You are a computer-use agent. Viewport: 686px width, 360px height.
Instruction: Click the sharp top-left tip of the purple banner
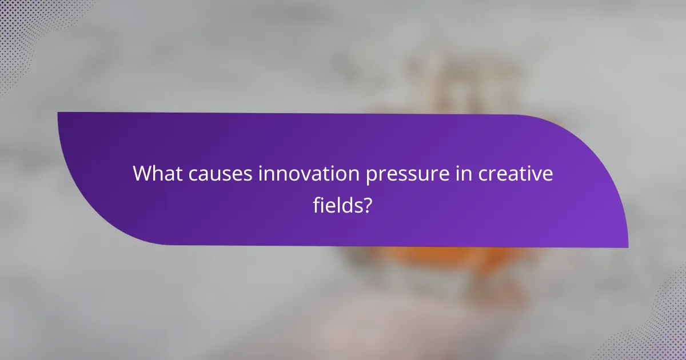pos(59,113)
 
